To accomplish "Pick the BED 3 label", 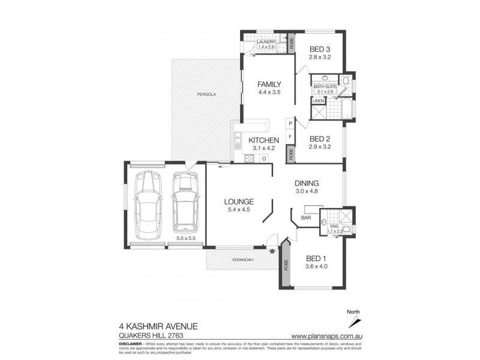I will (x=320, y=49).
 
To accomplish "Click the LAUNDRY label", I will (x=266, y=41).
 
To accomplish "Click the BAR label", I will (x=305, y=218).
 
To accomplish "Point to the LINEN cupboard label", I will (x=318, y=101).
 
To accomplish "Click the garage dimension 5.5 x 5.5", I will (x=186, y=238).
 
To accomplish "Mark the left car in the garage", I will (x=146, y=203).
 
